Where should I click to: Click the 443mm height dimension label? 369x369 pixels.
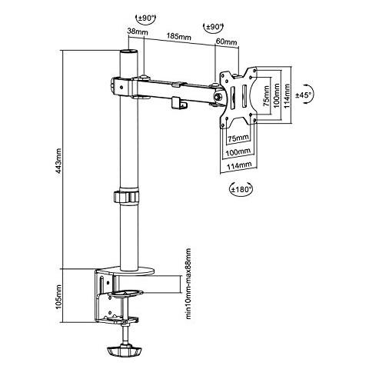tap(58, 161)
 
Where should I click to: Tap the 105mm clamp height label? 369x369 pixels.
tap(58, 297)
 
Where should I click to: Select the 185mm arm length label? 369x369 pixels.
tap(179, 36)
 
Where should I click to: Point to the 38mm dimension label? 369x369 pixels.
tap(138, 32)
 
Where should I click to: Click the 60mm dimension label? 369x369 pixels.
tap(227, 42)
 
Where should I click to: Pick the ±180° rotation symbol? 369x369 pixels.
tap(241, 189)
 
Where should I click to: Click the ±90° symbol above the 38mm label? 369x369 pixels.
tap(146, 18)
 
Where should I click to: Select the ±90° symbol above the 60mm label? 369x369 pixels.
tap(213, 27)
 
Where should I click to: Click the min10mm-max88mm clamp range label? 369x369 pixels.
tap(188, 284)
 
